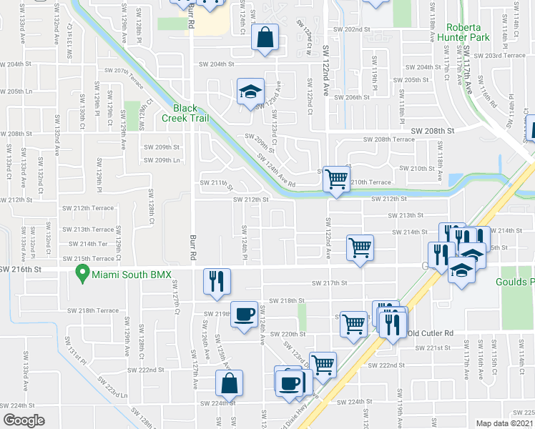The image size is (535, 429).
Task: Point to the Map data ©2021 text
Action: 505,423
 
